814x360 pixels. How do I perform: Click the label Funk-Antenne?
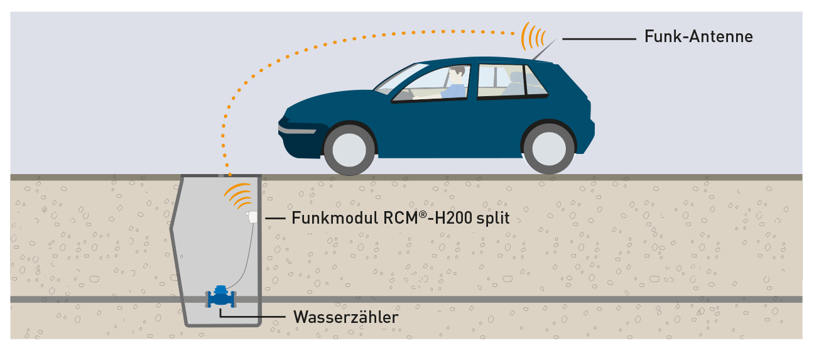(698, 36)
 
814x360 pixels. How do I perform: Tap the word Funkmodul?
(335, 218)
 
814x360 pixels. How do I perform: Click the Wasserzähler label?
(346, 317)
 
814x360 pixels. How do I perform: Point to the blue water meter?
(221, 297)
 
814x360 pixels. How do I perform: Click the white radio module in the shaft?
(252, 217)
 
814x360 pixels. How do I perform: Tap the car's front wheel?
(349, 150)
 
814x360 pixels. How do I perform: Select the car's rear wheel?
(549, 148)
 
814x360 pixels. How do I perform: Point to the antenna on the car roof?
(544, 50)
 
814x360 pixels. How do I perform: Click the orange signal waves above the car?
(533, 36)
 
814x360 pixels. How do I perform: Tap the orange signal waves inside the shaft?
(239, 195)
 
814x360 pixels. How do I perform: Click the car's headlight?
(296, 129)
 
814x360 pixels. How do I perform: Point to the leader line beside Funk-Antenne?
(599, 39)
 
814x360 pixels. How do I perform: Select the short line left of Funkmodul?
(275, 219)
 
